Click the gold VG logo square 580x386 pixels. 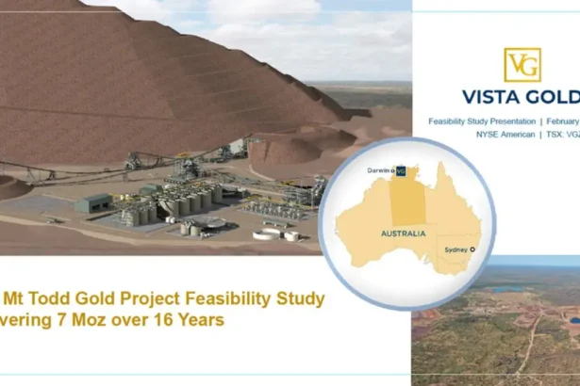pos(522,65)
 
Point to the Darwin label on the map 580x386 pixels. pos(380,170)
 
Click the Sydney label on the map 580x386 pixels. pos(456,249)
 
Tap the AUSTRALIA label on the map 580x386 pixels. pos(401,233)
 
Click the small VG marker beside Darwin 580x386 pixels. pos(401,171)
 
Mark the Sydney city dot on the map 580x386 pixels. pos(472,249)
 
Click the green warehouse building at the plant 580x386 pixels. pos(96,201)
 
